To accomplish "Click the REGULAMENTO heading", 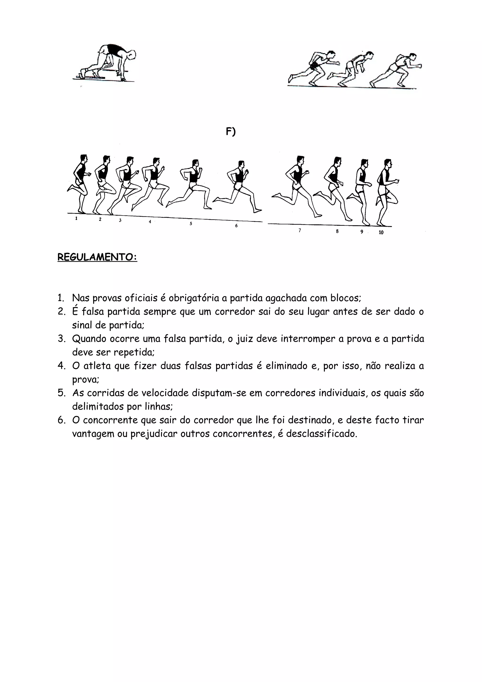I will (x=97, y=257).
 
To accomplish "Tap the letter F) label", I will (x=230, y=131).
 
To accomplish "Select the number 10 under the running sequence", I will (x=381, y=232).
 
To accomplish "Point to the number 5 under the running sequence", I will (x=191, y=224).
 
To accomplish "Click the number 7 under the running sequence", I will (x=300, y=230).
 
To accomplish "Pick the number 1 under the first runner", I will (x=76, y=218).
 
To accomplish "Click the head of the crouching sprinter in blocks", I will (x=132, y=55).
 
